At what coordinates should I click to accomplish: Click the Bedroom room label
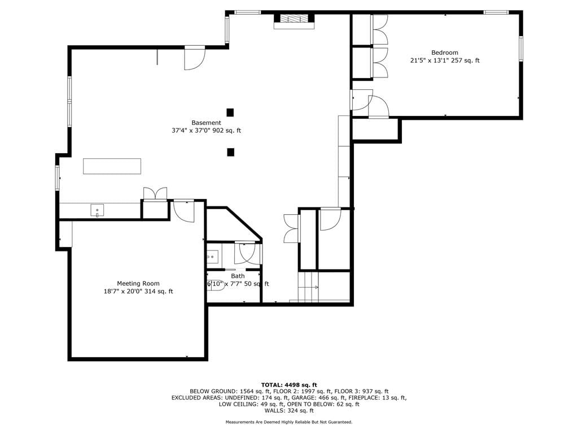[445, 53]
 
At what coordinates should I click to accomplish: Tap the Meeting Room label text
[138, 284]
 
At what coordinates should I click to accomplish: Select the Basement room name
[206, 123]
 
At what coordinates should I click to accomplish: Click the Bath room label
[238, 276]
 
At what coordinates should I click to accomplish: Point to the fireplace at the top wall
[294, 21]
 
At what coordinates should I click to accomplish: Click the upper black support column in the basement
[230, 112]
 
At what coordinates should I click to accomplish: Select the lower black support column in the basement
[230, 152]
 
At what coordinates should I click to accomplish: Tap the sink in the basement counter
[97, 210]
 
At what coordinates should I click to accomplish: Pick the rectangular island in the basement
[112, 166]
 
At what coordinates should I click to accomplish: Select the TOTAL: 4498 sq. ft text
[289, 385]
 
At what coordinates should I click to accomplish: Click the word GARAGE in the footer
[303, 398]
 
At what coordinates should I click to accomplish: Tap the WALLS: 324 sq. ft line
[289, 410]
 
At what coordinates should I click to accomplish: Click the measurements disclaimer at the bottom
[289, 422]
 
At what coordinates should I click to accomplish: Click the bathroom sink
[212, 256]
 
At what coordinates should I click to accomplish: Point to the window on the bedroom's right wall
[521, 49]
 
